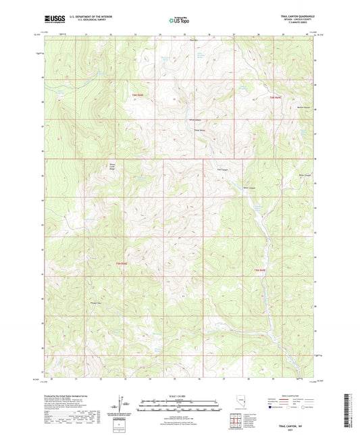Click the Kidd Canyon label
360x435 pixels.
tap(222, 170)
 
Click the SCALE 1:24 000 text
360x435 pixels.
tap(180, 395)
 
